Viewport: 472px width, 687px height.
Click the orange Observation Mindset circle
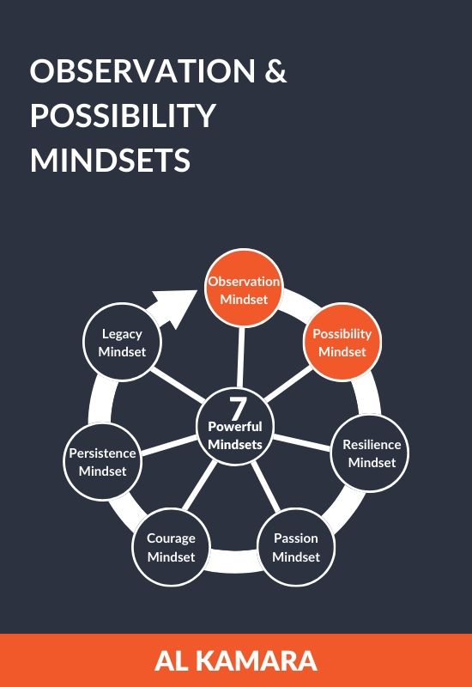[244, 288]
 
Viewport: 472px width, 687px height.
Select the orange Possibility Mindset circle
[342, 342]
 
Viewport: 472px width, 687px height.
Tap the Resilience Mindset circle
[370, 453]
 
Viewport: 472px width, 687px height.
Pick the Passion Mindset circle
[296, 547]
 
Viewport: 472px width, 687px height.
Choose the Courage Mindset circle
[171, 547]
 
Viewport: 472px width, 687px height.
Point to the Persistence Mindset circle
[102, 461]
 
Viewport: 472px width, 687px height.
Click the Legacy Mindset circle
[122, 342]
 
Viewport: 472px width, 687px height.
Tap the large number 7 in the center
[238, 409]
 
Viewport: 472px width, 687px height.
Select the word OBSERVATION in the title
[142, 70]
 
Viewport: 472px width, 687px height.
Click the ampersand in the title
[275, 70]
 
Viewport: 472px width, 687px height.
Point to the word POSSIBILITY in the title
[123, 115]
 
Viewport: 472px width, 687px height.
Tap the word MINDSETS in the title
[111, 160]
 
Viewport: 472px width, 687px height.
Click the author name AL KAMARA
[236, 661]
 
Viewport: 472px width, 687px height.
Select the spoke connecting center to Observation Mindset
[241, 357]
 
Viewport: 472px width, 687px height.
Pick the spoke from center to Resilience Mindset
[302, 442]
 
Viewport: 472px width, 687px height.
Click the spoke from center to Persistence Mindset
[170, 445]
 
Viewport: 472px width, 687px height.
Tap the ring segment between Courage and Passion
[233, 561]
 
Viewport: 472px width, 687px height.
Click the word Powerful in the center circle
[235, 426]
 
